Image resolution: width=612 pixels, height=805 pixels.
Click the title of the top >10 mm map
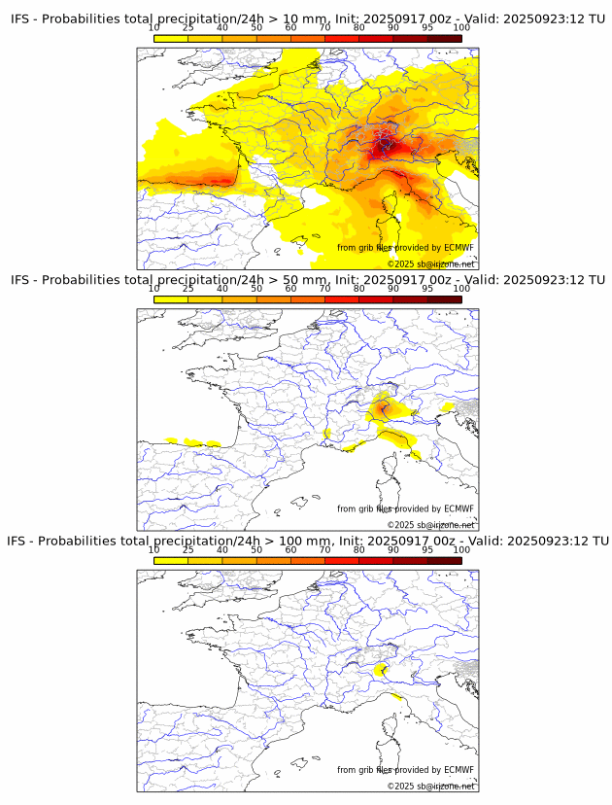(x=307, y=18)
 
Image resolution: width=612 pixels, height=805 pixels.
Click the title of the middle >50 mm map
(x=307, y=280)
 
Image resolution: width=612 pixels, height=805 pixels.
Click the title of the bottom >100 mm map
(x=307, y=541)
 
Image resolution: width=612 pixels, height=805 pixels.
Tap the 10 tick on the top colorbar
(x=154, y=27)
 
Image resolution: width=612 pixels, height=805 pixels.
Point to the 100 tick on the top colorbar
(x=461, y=27)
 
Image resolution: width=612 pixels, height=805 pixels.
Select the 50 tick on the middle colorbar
(x=256, y=289)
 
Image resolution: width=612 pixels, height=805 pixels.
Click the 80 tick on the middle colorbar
(x=359, y=289)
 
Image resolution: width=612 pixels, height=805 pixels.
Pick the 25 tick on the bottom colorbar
(x=188, y=549)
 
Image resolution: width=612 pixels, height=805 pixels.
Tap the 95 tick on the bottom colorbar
(x=427, y=549)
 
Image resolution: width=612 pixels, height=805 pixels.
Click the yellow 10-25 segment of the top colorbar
(x=171, y=38)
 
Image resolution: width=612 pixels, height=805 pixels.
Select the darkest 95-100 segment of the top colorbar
(x=444, y=38)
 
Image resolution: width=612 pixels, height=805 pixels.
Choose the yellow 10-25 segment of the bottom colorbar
(x=171, y=561)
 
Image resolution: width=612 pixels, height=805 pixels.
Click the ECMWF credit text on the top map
(x=405, y=248)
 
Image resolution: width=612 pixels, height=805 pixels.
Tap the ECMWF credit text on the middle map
(x=405, y=508)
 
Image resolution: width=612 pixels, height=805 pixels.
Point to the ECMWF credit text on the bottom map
(x=405, y=770)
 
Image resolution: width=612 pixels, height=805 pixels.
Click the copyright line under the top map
(x=430, y=263)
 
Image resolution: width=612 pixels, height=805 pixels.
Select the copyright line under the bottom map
(x=430, y=786)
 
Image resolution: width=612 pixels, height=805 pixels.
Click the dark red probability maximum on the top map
(x=380, y=147)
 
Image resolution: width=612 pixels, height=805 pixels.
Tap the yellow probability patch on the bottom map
(x=382, y=669)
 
